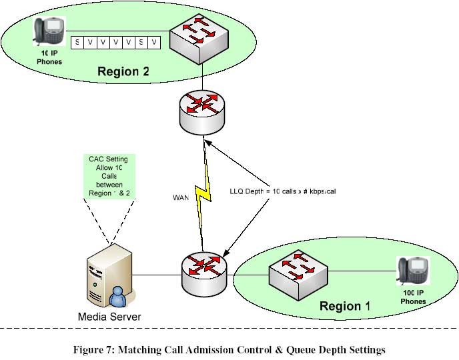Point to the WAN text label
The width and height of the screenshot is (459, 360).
(x=181, y=198)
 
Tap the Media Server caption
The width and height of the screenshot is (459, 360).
(x=110, y=317)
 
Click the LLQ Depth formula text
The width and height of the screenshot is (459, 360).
(x=282, y=191)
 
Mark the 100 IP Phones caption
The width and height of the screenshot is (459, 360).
(x=412, y=297)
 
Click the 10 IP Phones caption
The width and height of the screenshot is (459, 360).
(x=49, y=58)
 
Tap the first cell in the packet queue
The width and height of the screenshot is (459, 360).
(x=77, y=43)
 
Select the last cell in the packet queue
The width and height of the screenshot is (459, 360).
(x=155, y=43)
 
